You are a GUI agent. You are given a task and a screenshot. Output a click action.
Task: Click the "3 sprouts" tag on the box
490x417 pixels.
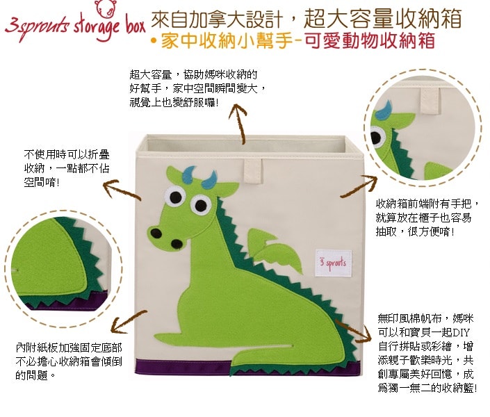coord(333,263)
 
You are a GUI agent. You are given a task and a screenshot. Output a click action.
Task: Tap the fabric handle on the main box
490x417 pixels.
coord(253,171)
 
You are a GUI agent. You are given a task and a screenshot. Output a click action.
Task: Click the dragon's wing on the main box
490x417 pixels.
coord(275,251)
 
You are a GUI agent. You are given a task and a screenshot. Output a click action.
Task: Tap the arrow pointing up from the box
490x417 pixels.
coord(239,124)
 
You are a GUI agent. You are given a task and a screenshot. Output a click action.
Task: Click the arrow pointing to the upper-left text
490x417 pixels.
coord(122,190)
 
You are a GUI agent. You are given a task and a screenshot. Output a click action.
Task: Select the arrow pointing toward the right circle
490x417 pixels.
coord(359,186)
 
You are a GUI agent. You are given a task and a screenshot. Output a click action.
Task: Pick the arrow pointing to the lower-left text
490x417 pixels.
coord(129,322)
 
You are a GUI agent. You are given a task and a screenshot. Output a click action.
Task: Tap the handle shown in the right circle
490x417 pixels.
coord(430,101)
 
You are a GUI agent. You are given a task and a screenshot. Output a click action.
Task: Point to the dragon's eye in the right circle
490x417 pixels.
coord(377,137)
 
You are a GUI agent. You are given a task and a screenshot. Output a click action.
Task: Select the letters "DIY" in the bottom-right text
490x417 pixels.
coord(462,332)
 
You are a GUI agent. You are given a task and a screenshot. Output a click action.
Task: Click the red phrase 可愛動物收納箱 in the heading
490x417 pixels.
coord(370,41)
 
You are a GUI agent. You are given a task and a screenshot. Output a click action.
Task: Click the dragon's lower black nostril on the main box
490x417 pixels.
coord(177,244)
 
